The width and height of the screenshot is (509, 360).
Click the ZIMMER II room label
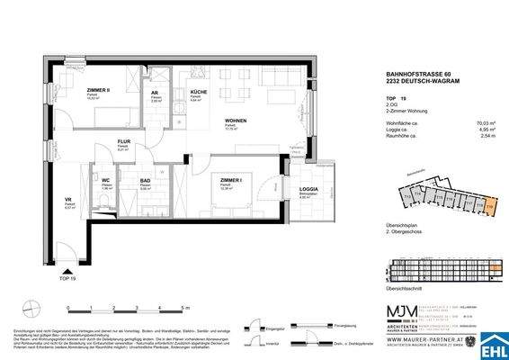[x=74, y=93]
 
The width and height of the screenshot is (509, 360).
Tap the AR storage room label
[x=156, y=94]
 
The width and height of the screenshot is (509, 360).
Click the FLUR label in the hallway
[x=126, y=141]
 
